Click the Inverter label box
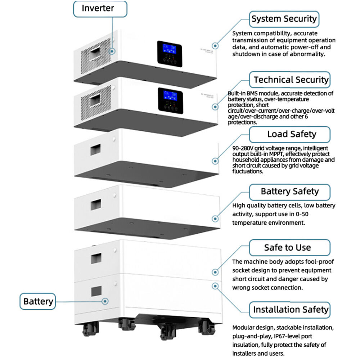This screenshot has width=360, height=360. point(100,9)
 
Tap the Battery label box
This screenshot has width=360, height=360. point(38,301)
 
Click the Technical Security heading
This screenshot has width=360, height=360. point(289,80)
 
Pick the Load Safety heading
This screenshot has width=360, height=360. point(289,134)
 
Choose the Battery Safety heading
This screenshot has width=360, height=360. point(289,191)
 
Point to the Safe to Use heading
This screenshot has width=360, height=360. point(289,248)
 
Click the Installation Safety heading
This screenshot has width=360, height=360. point(289,310)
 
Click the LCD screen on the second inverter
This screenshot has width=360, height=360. point(168,95)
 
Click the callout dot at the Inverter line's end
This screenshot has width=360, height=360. point(112,51)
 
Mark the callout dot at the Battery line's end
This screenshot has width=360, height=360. point(105,301)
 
